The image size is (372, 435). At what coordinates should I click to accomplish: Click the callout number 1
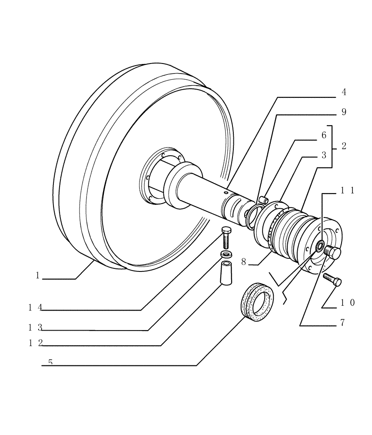(38, 275)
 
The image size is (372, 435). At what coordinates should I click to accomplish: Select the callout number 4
(344, 92)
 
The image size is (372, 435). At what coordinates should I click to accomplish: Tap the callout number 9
(344, 112)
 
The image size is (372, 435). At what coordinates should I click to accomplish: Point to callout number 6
(324, 135)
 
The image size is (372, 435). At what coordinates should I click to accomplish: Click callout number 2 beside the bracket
(344, 147)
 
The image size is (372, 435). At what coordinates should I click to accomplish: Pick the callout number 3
(324, 156)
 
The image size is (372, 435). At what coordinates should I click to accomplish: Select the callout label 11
(347, 190)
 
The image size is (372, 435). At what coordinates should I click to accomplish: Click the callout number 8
(244, 262)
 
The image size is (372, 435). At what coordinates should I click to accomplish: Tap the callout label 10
(347, 303)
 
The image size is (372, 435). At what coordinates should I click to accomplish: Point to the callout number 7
(343, 323)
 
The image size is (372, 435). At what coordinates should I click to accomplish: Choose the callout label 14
(35, 308)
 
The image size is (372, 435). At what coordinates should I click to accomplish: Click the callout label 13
(35, 327)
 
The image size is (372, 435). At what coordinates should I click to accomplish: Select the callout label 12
(35, 343)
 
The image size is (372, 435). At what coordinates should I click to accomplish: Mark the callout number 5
(50, 362)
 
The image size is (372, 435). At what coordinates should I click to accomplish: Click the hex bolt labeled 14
(226, 237)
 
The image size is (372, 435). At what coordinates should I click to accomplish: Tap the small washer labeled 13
(226, 254)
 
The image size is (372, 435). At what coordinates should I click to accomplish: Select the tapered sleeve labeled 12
(226, 273)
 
